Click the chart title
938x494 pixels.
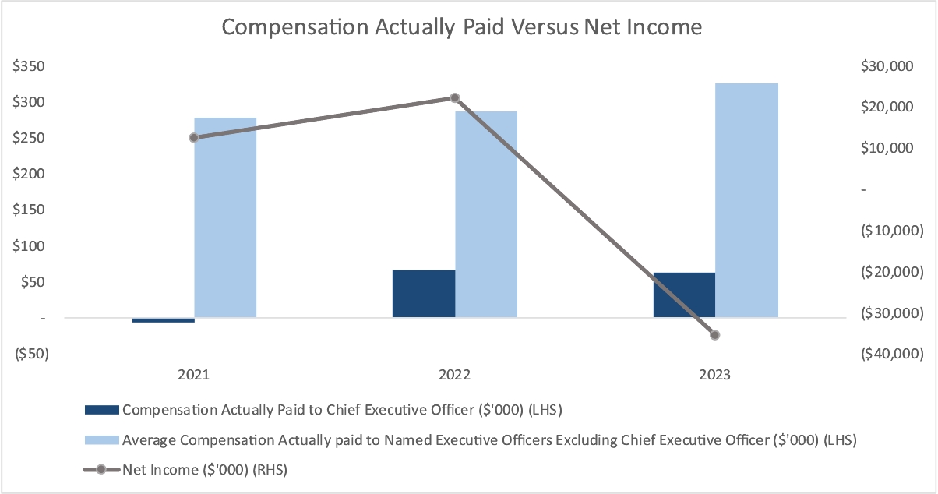(x=462, y=27)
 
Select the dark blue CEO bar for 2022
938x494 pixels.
(x=424, y=294)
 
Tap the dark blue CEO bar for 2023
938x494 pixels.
(x=684, y=295)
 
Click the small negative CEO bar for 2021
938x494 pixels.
(x=164, y=320)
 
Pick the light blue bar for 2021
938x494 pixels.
(x=225, y=217)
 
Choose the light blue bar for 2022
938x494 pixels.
(x=486, y=214)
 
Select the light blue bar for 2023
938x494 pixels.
(x=746, y=200)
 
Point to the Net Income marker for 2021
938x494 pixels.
(x=194, y=137)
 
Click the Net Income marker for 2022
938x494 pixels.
(x=455, y=98)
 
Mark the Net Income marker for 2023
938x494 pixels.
(x=715, y=335)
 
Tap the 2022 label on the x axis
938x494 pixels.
(x=455, y=375)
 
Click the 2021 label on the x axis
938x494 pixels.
(x=194, y=375)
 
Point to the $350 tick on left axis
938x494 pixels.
(x=29, y=67)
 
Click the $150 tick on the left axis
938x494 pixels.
(x=29, y=210)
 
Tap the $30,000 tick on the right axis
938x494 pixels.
(x=889, y=67)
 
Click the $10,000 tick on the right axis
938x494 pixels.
(x=889, y=149)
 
